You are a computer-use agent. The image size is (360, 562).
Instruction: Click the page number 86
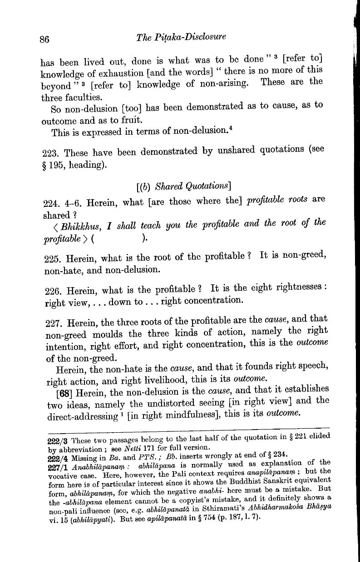(x=44, y=39)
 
